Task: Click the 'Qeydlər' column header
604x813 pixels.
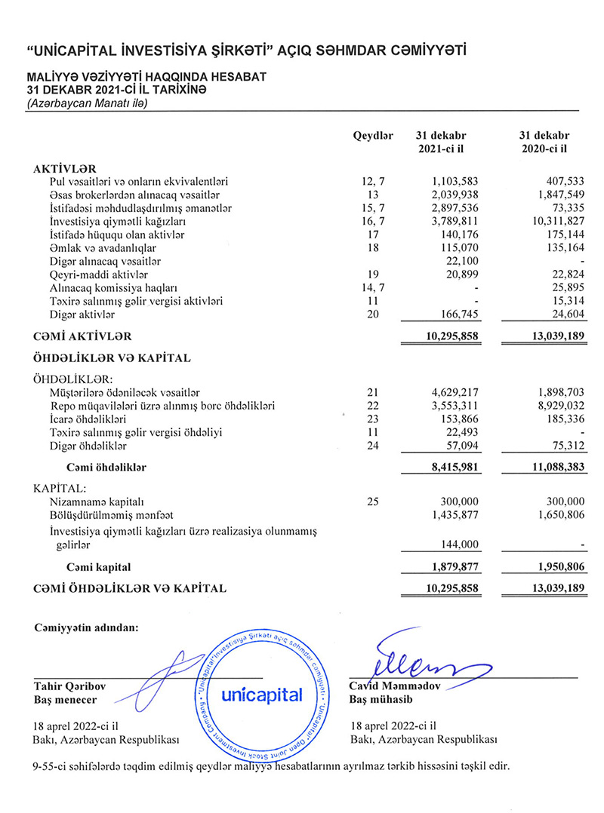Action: pos(373,135)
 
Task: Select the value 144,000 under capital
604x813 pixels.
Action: pos(460,546)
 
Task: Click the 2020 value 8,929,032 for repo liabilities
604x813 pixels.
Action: pos(556,406)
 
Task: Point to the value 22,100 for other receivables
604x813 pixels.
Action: pos(462,261)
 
